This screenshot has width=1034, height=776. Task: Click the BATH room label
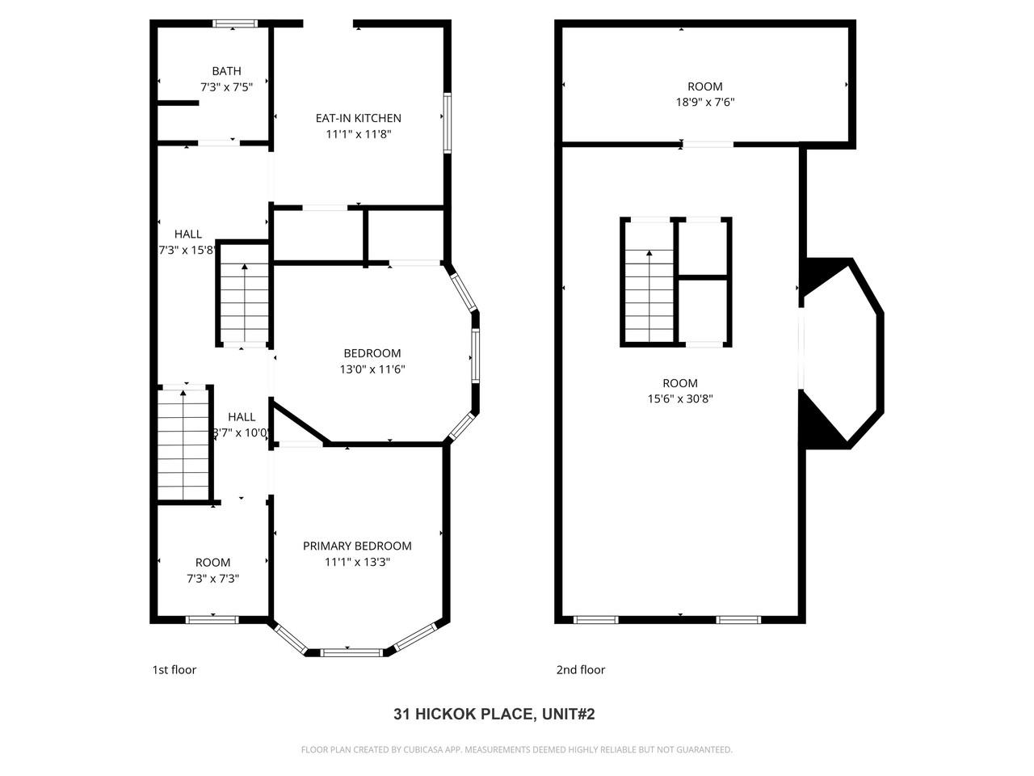click(x=226, y=71)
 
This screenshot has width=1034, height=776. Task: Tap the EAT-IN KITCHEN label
click(x=358, y=118)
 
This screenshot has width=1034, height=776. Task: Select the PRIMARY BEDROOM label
click(x=357, y=546)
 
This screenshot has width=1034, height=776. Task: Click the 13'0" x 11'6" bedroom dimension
click(x=372, y=369)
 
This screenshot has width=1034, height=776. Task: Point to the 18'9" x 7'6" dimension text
click(x=704, y=103)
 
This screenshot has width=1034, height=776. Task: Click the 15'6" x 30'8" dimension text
click(x=679, y=399)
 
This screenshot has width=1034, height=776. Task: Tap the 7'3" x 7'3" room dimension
click(x=212, y=579)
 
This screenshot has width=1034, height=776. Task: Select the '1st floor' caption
click(x=174, y=669)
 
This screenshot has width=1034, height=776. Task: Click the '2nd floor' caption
click(x=580, y=669)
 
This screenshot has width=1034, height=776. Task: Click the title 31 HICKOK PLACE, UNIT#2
click(x=494, y=714)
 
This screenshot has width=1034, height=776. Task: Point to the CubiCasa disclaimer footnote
click(x=516, y=749)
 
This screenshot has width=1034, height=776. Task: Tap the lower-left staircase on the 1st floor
click(x=183, y=445)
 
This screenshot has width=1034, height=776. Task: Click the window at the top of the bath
click(x=234, y=23)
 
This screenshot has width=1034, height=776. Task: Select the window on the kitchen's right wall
click(x=446, y=123)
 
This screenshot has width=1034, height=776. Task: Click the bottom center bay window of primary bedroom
click(x=351, y=652)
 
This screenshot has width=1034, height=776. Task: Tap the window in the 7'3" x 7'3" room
click(x=212, y=620)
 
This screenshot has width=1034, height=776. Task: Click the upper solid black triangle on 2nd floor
click(x=822, y=273)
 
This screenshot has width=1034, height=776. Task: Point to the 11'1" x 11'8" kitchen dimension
click(x=358, y=134)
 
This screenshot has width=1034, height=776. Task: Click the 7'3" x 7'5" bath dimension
click(x=226, y=86)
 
